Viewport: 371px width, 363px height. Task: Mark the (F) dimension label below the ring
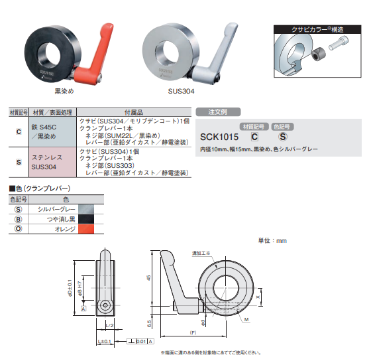click(x=193, y=331)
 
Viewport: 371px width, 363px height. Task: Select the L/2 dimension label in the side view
click(x=110, y=326)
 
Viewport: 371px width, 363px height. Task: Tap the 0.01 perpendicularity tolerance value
click(x=141, y=340)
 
